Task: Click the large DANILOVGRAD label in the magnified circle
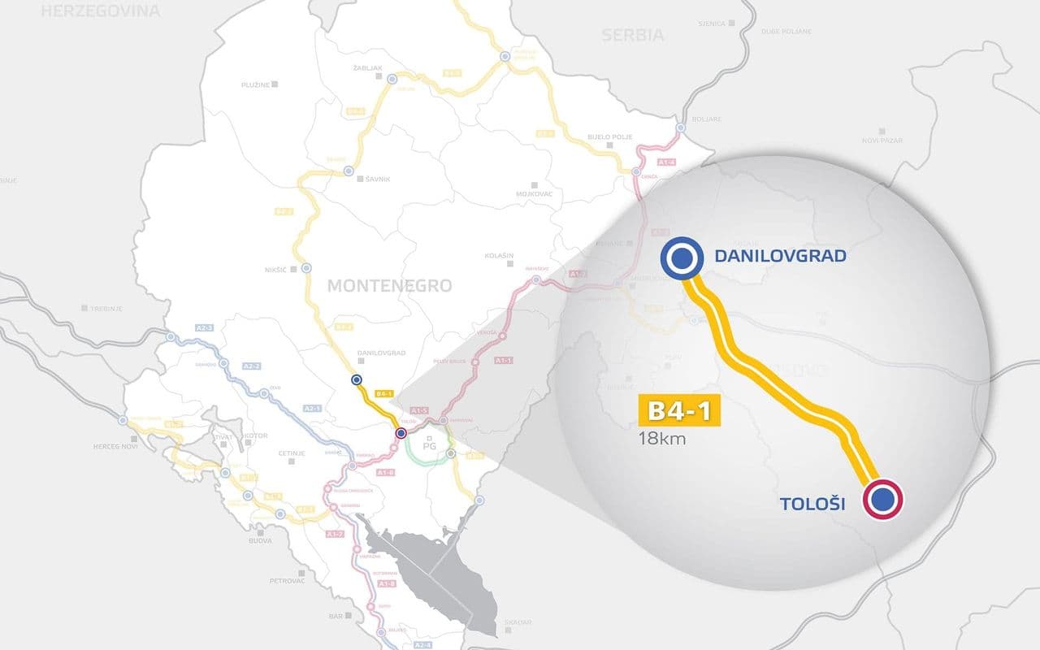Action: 780,257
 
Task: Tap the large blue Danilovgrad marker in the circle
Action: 681,258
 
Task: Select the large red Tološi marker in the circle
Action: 882,500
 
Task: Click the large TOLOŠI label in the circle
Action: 812,505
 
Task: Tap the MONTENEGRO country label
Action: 389,286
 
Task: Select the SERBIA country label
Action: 633,35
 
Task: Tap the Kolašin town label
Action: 500,256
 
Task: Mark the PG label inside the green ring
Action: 429,447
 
